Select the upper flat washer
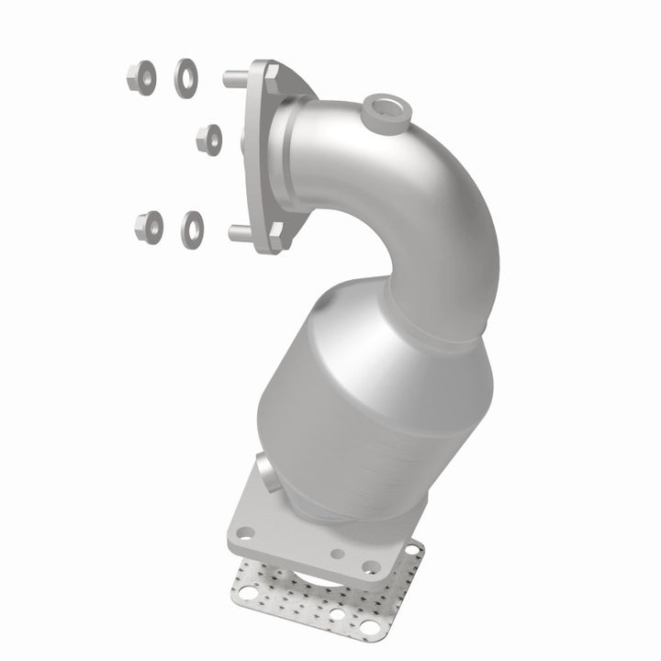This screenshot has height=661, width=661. pyautogui.click(x=186, y=75)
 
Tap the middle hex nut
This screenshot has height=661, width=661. pyautogui.click(x=209, y=140)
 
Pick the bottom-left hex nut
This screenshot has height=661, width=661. pyautogui.click(x=148, y=224)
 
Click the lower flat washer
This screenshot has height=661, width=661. pyautogui.click(x=193, y=226)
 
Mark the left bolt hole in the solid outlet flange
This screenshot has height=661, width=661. pyautogui.click(x=244, y=532)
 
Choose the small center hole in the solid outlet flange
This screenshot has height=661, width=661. pyautogui.click(x=338, y=555)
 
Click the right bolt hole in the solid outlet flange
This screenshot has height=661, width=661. pyautogui.click(x=370, y=566)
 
